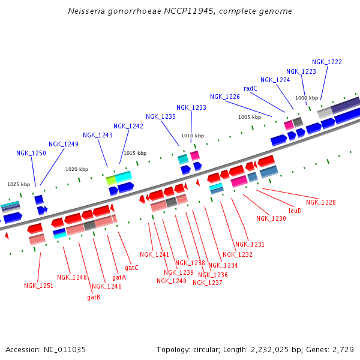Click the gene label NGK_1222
pos(327,62)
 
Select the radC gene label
pos(250,88)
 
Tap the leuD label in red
pos(295,211)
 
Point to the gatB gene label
pos(94,297)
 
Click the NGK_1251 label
pos(38,286)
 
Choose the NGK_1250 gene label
pos(31,153)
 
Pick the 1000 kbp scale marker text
pos(307,98)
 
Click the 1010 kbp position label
pos(193,136)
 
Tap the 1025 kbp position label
pos(19,184)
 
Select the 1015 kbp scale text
pos(135,153)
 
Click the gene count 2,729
pos(342,349)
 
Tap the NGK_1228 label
pos(321,202)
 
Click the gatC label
pos(131,267)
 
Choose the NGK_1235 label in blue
pos(161,116)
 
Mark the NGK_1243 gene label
pos(98,135)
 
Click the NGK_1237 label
pos(208,283)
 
